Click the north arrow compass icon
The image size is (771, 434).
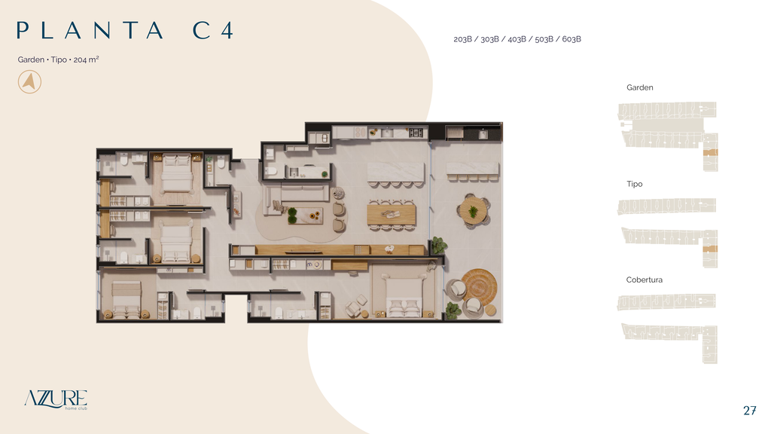coord(29,81)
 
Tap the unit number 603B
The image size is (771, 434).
coord(571,39)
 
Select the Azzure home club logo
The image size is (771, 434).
coord(56,399)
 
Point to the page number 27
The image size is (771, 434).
coord(749,411)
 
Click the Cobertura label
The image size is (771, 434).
coord(645,280)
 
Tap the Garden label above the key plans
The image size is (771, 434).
coord(640,87)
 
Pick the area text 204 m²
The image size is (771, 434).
coord(86,60)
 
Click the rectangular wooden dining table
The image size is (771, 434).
coord(392,215)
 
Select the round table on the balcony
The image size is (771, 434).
coord(473,211)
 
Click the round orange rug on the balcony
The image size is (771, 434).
coord(479,286)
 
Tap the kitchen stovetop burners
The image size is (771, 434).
coord(416,132)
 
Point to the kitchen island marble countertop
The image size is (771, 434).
coord(395,173)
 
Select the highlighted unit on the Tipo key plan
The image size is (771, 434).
coord(710,249)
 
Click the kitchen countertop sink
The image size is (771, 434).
coord(387,133)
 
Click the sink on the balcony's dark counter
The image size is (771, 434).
coord(483,134)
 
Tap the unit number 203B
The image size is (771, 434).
coord(463,39)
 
